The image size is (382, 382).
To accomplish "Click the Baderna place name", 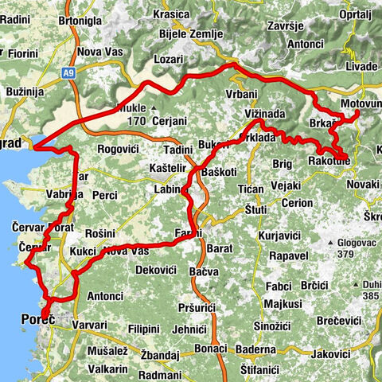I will [x=254, y=349].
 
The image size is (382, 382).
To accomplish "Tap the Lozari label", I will [x=169, y=60].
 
